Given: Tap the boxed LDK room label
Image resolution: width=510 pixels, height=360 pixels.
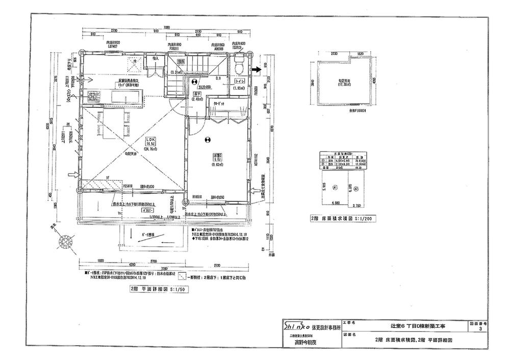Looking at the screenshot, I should tap(151, 140).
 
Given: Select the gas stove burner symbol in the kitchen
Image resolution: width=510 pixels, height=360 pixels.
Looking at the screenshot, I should tap(93, 96).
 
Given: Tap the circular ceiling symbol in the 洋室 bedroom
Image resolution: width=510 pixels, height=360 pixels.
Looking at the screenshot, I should tap(207, 139).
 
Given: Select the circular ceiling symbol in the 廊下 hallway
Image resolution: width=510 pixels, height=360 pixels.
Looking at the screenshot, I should tap(193, 81).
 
